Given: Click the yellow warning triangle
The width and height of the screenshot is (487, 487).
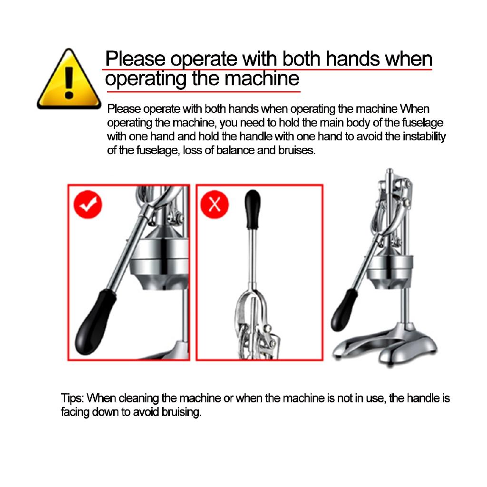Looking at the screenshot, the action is [69, 80].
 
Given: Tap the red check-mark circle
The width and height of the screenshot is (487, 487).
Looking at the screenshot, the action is [88, 205].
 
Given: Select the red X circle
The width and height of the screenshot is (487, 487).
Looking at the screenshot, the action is [214, 205].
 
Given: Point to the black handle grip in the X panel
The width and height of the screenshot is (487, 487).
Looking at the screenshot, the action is [253, 209].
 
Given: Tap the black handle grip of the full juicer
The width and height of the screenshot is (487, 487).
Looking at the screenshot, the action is [344, 310].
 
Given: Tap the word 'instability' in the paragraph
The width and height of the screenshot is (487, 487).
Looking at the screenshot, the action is [424, 136].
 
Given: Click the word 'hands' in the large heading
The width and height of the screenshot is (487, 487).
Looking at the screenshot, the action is [353, 58].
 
